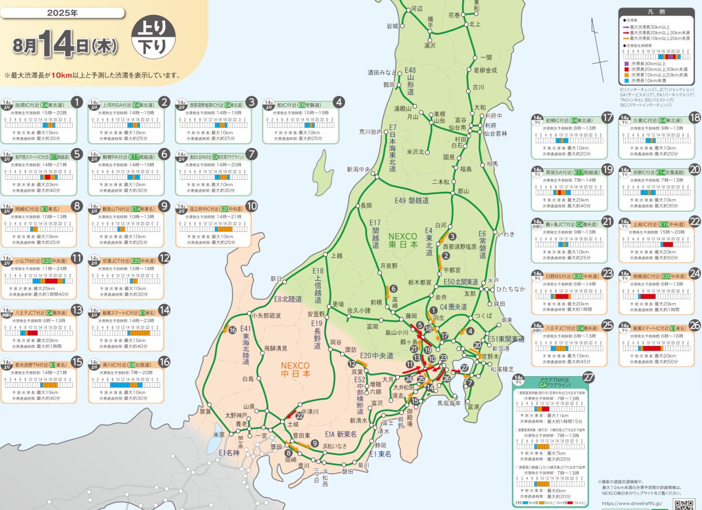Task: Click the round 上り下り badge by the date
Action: [x=154, y=37]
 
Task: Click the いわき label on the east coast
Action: [x=506, y=234]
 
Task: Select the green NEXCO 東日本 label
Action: [x=403, y=240]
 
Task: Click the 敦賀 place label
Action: [x=205, y=411]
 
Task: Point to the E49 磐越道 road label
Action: [x=412, y=201]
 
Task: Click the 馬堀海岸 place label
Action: [x=449, y=403]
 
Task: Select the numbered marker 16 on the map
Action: [x=233, y=330]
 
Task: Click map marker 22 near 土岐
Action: [x=299, y=415]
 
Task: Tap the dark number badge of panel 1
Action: [x=77, y=102]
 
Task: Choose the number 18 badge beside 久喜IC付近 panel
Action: [x=694, y=117]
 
